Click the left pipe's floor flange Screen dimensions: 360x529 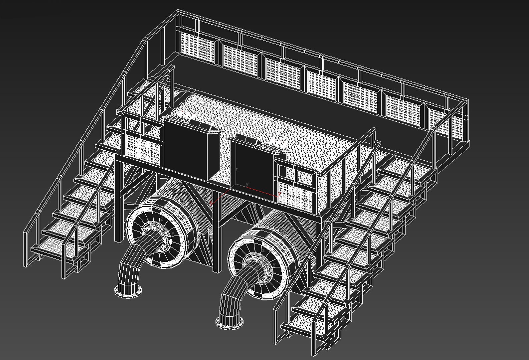click(128, 292)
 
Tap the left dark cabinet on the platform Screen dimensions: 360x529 click(185, 150)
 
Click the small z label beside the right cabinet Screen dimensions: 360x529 click(236, 170)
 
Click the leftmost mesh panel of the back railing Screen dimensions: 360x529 click(197, 47)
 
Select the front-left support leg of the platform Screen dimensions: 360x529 click(118, 200)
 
